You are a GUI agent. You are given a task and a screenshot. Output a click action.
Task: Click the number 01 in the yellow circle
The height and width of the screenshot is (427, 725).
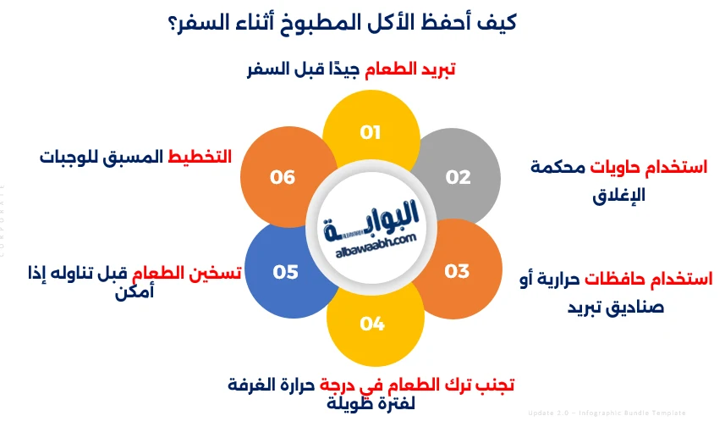371,132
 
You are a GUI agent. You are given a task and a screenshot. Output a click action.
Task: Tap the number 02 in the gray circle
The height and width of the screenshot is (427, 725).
458,177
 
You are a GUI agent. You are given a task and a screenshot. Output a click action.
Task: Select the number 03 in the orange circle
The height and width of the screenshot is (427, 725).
457,271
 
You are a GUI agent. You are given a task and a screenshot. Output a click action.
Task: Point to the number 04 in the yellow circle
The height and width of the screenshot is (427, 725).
371,324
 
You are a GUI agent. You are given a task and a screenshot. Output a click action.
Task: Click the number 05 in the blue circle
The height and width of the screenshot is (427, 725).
286,272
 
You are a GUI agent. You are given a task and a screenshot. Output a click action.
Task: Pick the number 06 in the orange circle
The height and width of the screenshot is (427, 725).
283,177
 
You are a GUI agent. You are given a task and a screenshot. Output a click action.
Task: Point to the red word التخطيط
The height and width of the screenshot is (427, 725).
200,158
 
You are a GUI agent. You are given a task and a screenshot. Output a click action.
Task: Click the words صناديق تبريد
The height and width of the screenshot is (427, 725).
615,306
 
